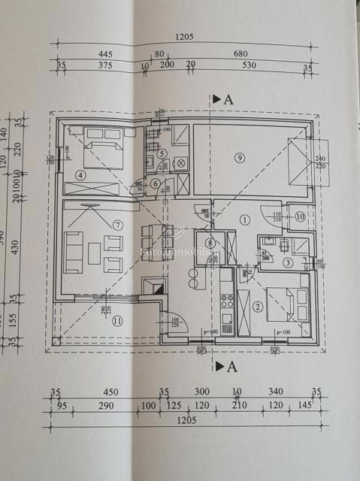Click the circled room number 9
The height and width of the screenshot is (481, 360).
tap(239, 157)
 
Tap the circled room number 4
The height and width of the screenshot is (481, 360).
tap(80, 176)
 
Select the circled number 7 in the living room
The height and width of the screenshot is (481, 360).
tap(117, 225)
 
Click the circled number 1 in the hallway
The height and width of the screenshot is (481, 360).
tap(244, 219)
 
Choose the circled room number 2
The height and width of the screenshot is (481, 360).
tap(258, 306)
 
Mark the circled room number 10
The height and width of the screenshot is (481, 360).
tap(299, 217)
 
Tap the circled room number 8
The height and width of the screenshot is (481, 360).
tap(210, 242)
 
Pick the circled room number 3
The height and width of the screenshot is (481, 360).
tap(288, 262)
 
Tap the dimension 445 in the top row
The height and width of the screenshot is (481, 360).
tap(104, 53)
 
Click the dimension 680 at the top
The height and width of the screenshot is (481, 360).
tap(241, 53)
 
